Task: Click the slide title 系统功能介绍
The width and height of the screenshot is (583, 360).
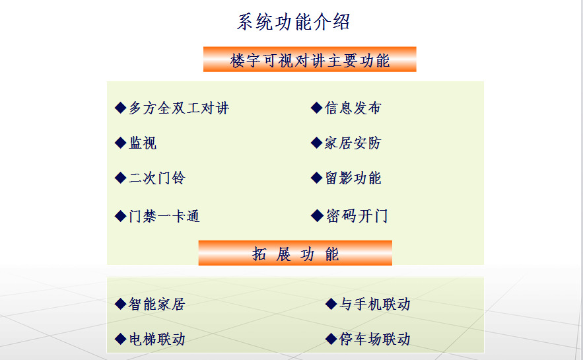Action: coord(293,22)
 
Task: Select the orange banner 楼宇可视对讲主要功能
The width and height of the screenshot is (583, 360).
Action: coord(310,59)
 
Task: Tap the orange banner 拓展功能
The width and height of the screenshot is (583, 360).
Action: coord(295,253)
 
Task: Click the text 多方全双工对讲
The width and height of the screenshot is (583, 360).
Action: coord(179,108)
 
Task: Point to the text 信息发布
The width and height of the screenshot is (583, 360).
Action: coord(353,108)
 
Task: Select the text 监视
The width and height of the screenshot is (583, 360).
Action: coord(143,143)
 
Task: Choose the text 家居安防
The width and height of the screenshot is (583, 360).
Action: coord(353,143)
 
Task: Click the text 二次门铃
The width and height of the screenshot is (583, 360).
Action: coord(157,178)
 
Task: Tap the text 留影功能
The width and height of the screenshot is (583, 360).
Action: coord(353,178)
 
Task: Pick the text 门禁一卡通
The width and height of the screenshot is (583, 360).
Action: coord(164,216)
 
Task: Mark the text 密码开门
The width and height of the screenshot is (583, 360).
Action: coord(357,216)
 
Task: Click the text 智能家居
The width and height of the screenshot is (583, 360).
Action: coord(157,305)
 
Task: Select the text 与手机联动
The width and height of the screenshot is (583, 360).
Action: coord(375,305)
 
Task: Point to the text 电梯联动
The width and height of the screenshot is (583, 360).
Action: coord(157,339)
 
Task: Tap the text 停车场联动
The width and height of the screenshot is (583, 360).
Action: coord(375,339)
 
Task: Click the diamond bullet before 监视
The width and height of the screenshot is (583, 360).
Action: coord(120,143)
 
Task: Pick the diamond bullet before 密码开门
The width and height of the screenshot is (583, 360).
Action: coord(317,215)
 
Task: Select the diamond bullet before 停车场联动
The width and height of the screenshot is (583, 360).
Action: coord(331,339)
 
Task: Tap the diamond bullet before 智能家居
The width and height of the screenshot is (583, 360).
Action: coord(120,304)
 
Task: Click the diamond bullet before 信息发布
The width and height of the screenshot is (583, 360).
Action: coord(317,108)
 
